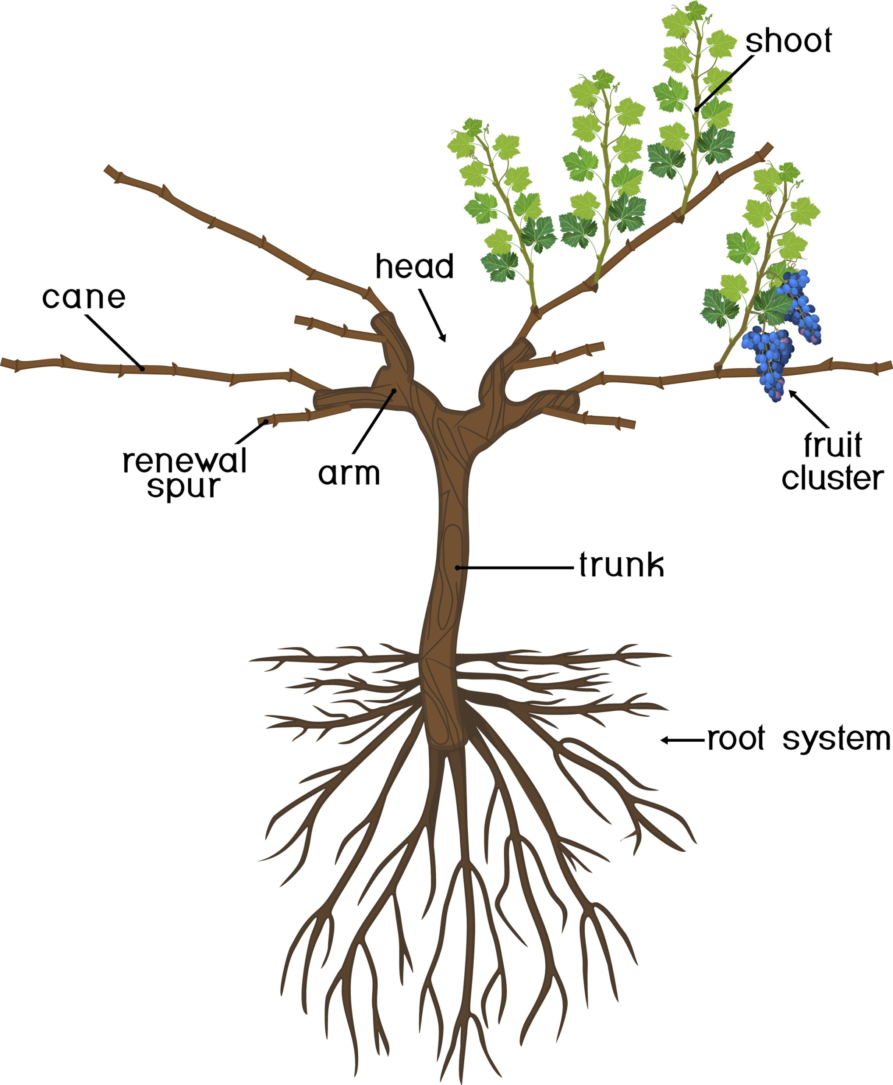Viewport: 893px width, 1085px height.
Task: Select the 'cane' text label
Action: coord(84,298)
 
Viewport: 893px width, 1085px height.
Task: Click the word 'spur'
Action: coord(183,487)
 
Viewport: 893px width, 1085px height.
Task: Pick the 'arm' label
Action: coord(349,473)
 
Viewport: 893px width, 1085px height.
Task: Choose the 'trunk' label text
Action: coord(621,565)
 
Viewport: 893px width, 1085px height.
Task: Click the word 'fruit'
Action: coord(832,445)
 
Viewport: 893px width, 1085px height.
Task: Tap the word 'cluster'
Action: coord(832,478)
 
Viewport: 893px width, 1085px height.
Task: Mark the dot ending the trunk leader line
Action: coord(457,568)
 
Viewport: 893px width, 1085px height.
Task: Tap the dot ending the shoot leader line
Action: coord(697,109)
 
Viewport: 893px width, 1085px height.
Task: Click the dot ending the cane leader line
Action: coord(142,368)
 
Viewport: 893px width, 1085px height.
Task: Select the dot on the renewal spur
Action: coord(266,422)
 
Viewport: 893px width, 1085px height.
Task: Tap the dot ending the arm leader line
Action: coord(394,391)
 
